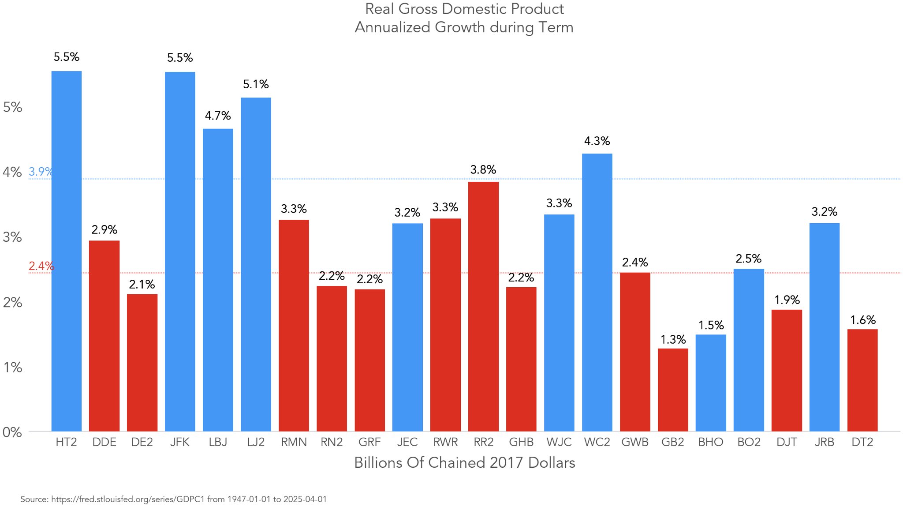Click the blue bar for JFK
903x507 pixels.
point(180,252)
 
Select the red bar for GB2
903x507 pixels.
point(673,390)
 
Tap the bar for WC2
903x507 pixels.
point(597,292)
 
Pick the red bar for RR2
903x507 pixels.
point(483,306)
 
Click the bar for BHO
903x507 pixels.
point(711,383)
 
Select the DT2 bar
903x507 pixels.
point(862,380)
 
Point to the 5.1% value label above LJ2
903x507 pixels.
point(256,84)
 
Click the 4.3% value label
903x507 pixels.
point(597,141)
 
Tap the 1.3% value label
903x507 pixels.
point(673,340)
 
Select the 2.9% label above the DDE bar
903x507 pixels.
point(104,230)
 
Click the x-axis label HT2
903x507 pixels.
point(66,442)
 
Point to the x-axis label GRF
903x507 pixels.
point(369,442)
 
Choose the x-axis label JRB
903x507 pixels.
point(825,442)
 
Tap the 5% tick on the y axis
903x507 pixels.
point(12,107)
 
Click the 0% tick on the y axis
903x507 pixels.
point(12,432)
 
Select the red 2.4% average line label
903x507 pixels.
point(41,266)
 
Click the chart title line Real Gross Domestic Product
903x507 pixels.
point(464,9)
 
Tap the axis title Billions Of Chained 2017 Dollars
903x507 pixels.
point(465,462)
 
